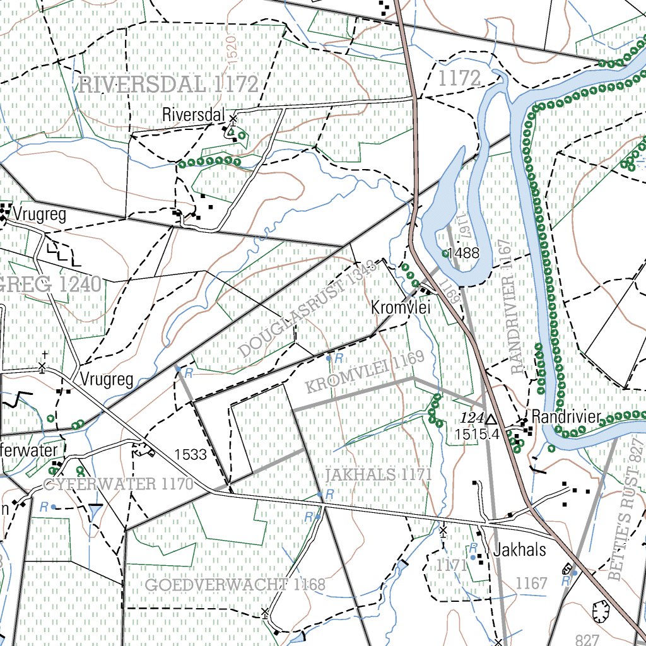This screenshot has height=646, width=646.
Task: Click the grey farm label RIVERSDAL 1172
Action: [x=168, y=84]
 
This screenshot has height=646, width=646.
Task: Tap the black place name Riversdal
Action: [x=194, y=115]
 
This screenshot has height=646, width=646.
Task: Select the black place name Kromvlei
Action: [x=401, y=308]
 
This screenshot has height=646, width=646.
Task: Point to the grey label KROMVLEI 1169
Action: [x=365, y=373]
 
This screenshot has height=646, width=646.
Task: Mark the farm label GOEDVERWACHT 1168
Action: [x=235, y=585]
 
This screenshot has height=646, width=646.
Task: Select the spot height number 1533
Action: [x=191, y=454]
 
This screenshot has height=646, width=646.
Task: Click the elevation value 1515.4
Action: [x=477, y=434]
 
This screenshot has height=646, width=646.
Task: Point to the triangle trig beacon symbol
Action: [x=491, y=419]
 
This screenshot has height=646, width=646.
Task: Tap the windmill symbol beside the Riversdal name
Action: [x=233, y=118]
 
